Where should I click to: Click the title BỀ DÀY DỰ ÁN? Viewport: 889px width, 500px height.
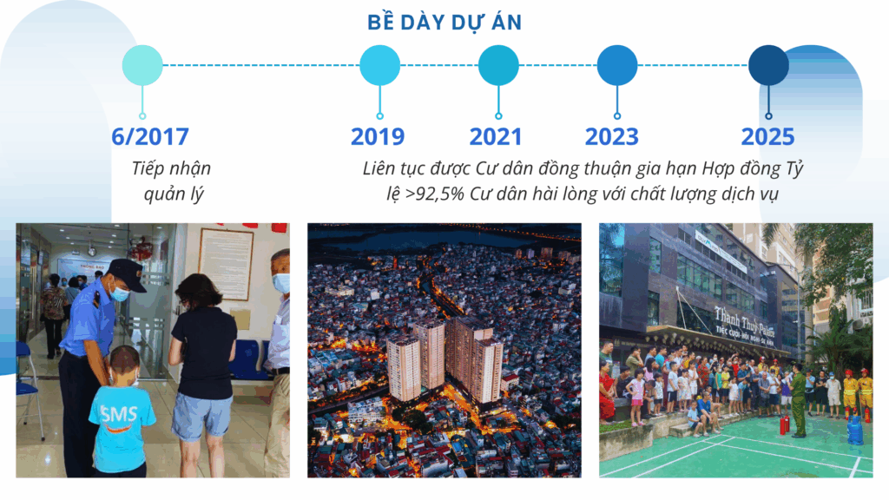pyautogui.click(x=444, y=22)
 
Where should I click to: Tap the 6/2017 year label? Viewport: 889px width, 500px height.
pyautogui.click(x=150, y=136)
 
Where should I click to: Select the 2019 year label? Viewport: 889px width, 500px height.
pyautogui.click(x=378, y=136)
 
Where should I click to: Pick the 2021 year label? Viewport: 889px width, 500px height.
pyautogui.click(x=496, y=136)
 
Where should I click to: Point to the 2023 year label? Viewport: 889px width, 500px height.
pyautogui.click(x=612, y=136)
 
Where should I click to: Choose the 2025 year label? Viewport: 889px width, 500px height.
pyautogui.click(x=767, y=136)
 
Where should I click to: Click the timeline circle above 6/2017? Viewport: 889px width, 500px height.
pyautogui.click(x=142, y=65)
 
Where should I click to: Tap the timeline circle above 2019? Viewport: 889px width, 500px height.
pyautogui.click(x=380, y=65)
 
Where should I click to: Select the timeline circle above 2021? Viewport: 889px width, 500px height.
pyautogui.click(x=498, y=65)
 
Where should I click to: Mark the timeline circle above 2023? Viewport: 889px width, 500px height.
pyautogui.click(x=617, y=65)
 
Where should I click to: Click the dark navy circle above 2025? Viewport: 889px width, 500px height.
pyautogui.click(x=769, y=65)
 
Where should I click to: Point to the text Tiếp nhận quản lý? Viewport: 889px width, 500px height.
pyautogui.click(x=172, y=181)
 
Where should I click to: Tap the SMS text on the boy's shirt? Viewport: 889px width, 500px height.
pyautogui.click(x=119, y=414)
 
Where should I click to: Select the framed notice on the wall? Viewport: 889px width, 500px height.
pyautogui.click(x=225, y=264)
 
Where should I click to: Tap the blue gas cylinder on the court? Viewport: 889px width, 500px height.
pyautogui.click(x=855, y=429)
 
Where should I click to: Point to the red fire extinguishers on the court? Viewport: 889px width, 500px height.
pyautogui.click(x=784, y=424)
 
